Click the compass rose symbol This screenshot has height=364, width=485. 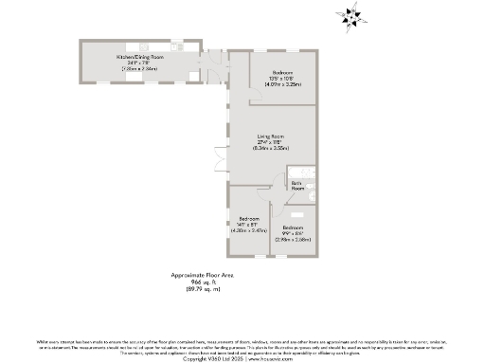352,16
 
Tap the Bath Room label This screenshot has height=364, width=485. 297,186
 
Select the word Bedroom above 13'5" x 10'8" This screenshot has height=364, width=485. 283,73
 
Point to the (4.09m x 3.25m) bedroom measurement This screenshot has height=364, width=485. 283,85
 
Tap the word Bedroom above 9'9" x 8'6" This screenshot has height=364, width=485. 293,227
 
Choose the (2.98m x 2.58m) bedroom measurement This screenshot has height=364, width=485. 293,240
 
